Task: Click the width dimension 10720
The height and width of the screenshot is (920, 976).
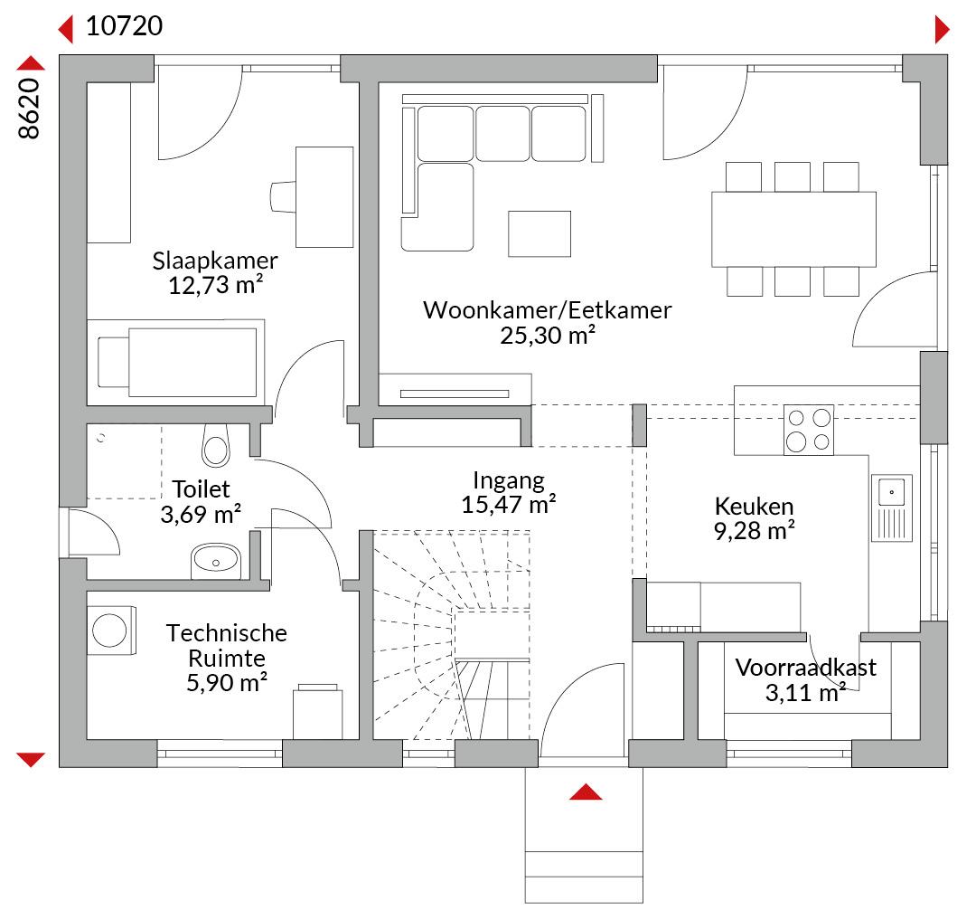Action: click(124, 26)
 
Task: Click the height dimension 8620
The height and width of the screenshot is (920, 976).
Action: click(29, 108)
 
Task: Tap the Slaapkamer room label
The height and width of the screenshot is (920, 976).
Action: click(215, 261)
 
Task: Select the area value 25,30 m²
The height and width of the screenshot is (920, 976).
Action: click(548, 335)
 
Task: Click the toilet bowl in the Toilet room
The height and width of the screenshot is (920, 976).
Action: click(216, 445)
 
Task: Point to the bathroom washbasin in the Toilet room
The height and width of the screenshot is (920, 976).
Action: click(215, 561)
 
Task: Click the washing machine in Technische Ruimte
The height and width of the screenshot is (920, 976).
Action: click(111, 631)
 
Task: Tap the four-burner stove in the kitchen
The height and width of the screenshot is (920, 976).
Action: click(809, 430)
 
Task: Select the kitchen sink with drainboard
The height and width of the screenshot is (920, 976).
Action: click(892, 507)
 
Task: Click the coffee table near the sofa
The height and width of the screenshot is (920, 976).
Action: click(539, 233)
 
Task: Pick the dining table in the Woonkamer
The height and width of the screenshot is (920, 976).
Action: click(793, 229)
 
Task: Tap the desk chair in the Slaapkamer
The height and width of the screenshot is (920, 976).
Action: click(283, 197)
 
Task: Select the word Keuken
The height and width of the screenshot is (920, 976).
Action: click(754, 506)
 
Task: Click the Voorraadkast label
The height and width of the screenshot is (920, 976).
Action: click(805, 667)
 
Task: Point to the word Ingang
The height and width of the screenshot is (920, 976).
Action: click(509, 481)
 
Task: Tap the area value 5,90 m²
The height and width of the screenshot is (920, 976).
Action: click(227, 683)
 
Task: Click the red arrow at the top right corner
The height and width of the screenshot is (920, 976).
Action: click(943, 29)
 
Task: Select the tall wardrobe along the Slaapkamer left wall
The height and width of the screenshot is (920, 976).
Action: click(109, 163)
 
